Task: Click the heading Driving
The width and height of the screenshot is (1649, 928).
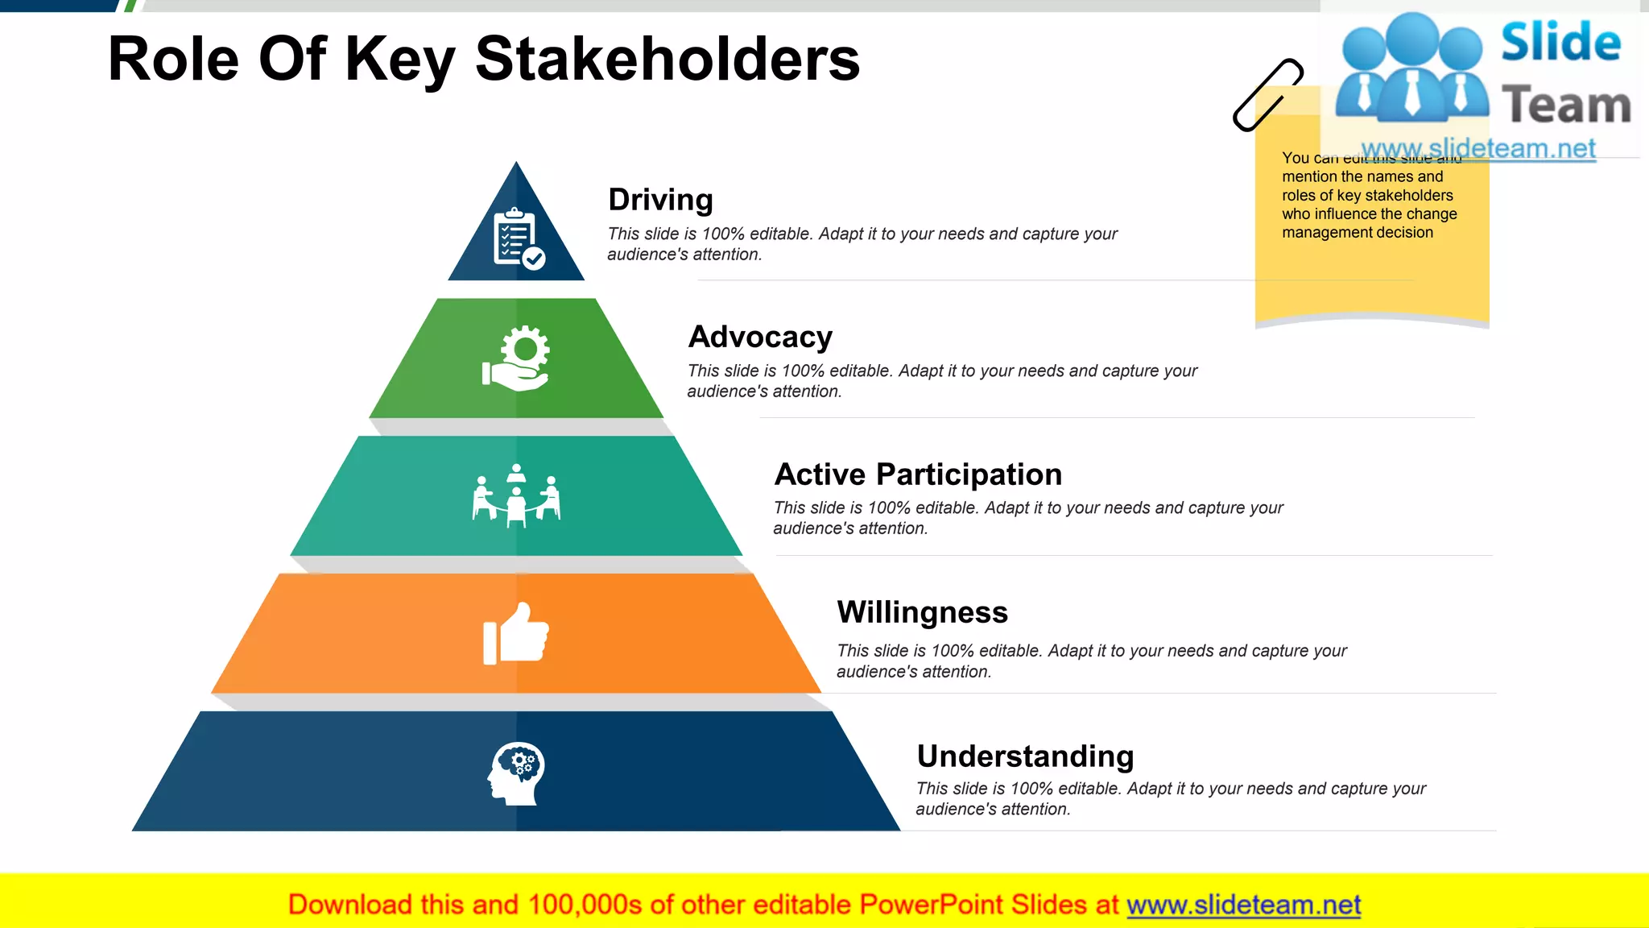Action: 660,200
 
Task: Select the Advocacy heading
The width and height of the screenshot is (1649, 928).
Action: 760,337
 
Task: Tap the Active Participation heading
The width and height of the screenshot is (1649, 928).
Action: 918,474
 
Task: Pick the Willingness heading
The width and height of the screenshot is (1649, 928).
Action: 922,612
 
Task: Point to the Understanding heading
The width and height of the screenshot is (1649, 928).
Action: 1025,756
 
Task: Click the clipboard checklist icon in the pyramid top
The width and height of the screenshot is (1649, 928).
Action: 518,238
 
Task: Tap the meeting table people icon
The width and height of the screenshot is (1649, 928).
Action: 516,495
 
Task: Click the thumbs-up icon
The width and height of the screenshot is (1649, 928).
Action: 516,634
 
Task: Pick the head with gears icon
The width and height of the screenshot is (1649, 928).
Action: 516,773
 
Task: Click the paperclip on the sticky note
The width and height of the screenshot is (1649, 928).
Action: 1267,94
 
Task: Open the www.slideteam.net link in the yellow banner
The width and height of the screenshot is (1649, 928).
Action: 1243,905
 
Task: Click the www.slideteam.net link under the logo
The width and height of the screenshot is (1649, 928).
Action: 1478,149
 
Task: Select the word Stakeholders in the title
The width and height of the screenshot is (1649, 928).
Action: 667,59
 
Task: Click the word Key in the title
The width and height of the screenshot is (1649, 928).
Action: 400,59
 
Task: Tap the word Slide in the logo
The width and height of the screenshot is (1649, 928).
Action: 1560,42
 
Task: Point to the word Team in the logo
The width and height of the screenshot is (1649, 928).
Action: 1566,106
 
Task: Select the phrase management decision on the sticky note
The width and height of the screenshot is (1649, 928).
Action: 1358,233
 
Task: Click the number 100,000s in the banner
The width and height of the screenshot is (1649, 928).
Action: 585,905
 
